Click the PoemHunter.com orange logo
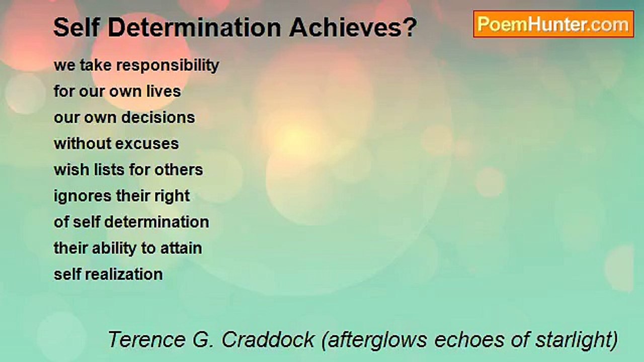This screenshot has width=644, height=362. pos(553,24)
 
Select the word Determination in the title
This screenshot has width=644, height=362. pos(194,27)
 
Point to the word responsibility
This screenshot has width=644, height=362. pos(168,66)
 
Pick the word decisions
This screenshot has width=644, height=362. pos(158,118)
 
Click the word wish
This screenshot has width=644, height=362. pos(71,169)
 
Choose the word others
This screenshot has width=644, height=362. pos(179,169)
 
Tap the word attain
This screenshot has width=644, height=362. pos(181,248)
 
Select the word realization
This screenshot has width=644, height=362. pos(124,274)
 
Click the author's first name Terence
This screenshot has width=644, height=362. pos(146,339)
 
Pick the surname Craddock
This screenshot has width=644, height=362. pos(268,339)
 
